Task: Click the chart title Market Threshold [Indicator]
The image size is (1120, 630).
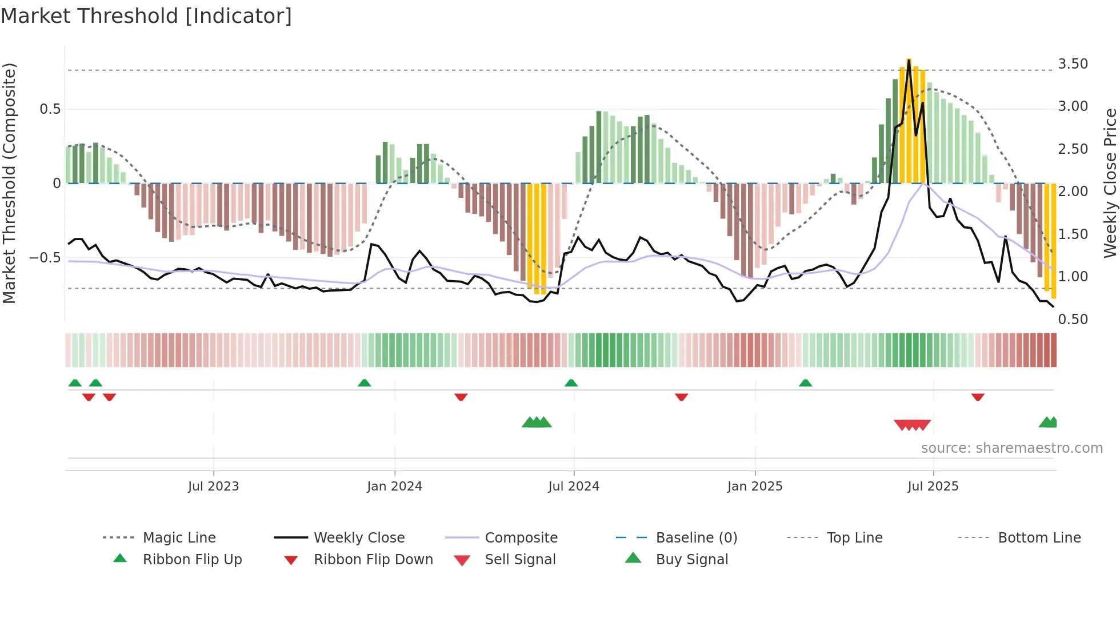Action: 146,16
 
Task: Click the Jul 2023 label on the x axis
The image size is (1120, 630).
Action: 213,487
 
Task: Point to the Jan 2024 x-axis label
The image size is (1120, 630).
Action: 394,487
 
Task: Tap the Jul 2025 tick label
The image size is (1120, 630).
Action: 933,487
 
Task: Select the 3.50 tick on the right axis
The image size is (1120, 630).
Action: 1073,64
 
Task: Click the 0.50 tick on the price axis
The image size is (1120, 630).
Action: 1073,320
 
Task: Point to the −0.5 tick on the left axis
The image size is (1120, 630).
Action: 45,258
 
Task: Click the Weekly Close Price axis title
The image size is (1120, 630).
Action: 1110,183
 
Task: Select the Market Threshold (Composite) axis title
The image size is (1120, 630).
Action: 9,183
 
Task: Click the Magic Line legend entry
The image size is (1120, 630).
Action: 179,538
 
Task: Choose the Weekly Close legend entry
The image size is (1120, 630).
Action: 359,538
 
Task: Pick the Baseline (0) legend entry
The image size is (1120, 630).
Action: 696,538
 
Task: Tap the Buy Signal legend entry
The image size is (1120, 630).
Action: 691,560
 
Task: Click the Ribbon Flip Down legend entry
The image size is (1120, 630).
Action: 373,560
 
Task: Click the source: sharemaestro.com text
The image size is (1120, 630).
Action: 1011,448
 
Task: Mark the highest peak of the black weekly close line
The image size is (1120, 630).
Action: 909,60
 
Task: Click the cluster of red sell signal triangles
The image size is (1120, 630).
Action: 912,425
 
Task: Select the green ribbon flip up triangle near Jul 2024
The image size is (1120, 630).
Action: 571,383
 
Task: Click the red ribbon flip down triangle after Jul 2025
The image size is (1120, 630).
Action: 978,397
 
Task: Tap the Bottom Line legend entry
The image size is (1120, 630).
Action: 1039,538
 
